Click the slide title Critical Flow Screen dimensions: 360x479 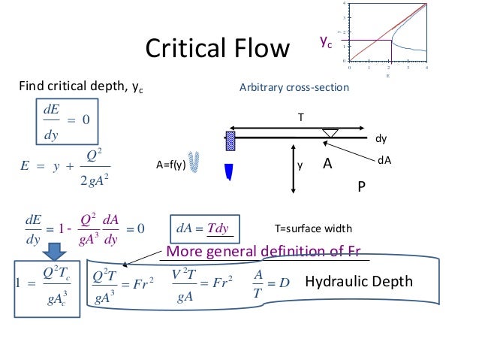(217, 50)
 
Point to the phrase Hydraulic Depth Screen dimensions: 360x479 (359, 282)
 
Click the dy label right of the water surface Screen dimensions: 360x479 (381, 140)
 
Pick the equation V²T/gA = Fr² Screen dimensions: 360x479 (194, 283)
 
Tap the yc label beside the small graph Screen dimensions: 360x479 (324, 44)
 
